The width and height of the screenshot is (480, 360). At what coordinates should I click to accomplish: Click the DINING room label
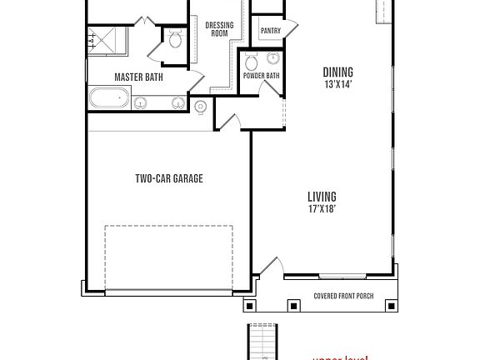(337, 72)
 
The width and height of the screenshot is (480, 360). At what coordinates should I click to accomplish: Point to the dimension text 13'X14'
(337, 83)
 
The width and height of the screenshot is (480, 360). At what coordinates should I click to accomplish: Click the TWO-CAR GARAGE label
(169, 178)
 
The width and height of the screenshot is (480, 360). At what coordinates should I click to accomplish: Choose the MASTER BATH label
(138, 77)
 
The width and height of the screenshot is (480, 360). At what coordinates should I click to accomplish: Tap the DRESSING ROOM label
(219, 29)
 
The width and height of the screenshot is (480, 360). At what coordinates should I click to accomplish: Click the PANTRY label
(270, 32)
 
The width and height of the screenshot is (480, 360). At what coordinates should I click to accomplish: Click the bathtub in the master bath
(108, 100)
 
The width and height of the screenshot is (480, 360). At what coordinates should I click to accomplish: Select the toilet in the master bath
(174, 38)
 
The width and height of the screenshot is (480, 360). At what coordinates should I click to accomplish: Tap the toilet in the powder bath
(273, 60)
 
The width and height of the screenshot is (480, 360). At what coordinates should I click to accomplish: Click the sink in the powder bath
(252, 60)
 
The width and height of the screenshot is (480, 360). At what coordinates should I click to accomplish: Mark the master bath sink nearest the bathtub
(141, 103)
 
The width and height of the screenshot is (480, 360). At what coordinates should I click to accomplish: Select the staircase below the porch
(263, 342)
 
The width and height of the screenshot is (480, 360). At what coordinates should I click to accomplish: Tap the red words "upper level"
(340, 357)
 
